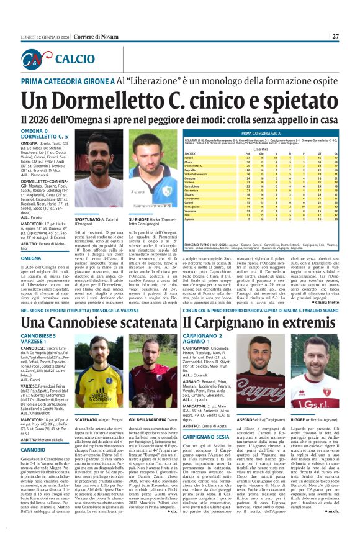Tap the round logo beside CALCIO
(x=38, y=59)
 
